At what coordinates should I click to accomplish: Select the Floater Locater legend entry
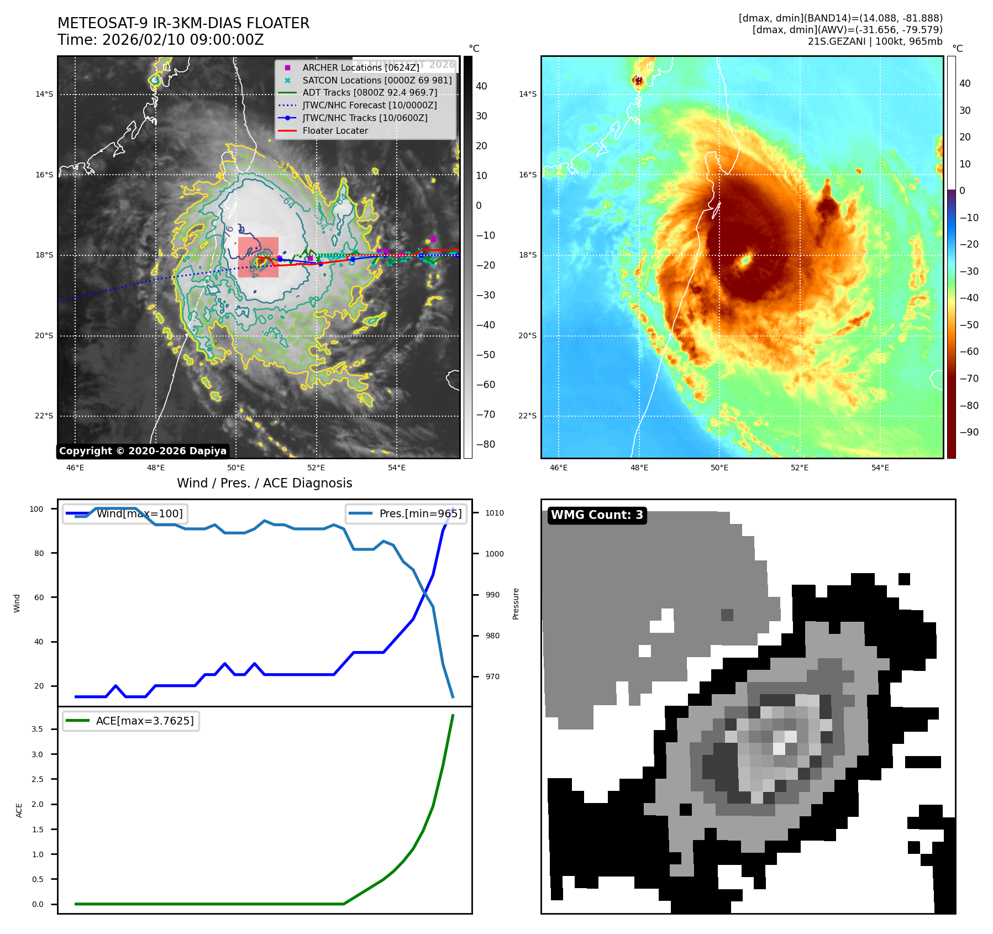335,130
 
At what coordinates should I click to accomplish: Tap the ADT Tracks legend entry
369,92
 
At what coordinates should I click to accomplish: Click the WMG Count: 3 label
597,515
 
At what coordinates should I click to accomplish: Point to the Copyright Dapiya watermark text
143,451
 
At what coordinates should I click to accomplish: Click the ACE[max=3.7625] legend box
131,721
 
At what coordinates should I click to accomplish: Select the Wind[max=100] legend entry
125,513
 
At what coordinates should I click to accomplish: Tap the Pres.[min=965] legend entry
406,513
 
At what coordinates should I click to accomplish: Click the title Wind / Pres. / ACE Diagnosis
264,483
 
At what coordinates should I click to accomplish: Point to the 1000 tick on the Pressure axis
495,554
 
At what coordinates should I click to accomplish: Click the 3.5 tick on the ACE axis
38,729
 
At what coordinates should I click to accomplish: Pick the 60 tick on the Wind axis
39,597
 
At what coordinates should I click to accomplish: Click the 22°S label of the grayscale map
44,416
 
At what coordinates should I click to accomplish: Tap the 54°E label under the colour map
880,468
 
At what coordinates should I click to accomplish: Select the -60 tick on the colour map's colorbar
969,351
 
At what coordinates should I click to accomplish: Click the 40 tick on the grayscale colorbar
481,86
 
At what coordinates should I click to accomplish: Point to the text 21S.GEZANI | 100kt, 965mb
875,41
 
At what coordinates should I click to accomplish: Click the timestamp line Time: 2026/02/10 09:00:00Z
160,40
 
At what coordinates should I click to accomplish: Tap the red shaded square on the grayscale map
258,257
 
